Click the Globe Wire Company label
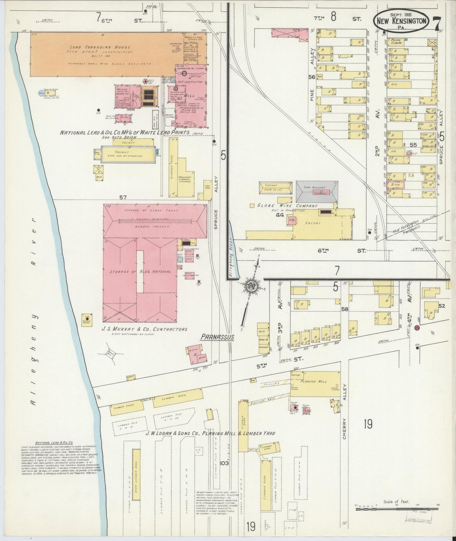[x=287, y=206]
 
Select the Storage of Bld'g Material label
[x=140, y=272]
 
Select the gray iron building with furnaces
[x=317, y=191]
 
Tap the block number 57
[x=123, y=198]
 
